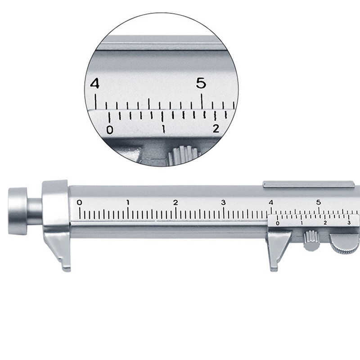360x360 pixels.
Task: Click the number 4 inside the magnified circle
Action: tap(95, 84)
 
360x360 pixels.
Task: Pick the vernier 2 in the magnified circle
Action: tap(216, 129)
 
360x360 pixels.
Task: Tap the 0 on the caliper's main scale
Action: tap(80, 202)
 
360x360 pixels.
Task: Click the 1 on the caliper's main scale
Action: tap(128, 202)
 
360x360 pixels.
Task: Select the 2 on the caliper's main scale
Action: tap(175, 202)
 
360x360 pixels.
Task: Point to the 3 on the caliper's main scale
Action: tap(223, 202)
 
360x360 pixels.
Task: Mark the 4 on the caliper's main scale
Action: tap(271, 202)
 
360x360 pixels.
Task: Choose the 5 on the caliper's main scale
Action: tap(319, 202)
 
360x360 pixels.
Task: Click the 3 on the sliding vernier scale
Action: tap(349, 223)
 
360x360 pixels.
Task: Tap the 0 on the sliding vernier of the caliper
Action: tap(277, 223)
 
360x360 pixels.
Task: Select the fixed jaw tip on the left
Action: tap(65, 265)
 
